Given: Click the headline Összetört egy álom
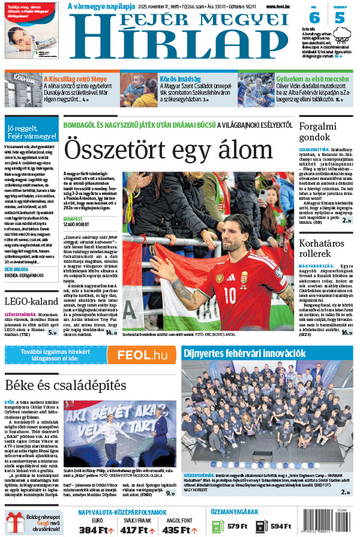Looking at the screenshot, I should point(169,148).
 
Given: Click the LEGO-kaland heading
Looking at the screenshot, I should point(31,302).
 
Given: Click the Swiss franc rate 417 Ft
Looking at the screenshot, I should point(135,530).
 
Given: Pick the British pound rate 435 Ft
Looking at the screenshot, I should point(176,530).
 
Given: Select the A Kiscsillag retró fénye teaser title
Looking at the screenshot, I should point(76,79).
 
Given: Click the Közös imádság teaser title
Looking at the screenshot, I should point(181,79).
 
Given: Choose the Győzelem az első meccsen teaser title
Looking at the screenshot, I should point(312,79).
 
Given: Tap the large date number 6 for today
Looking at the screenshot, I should point(314,17).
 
